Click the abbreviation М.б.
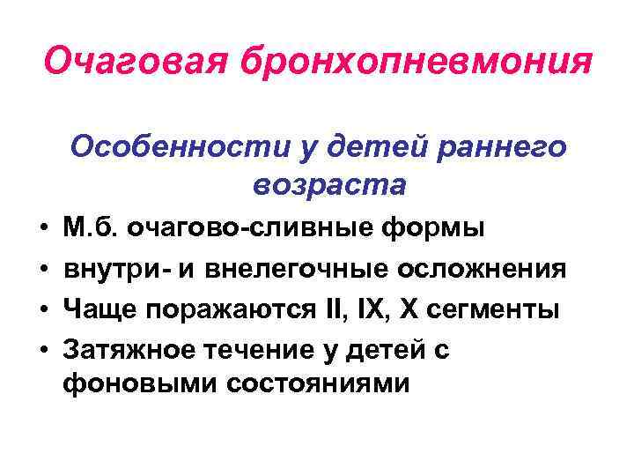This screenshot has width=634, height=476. tap(92, 230)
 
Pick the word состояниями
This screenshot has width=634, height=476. tap(309, 384)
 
